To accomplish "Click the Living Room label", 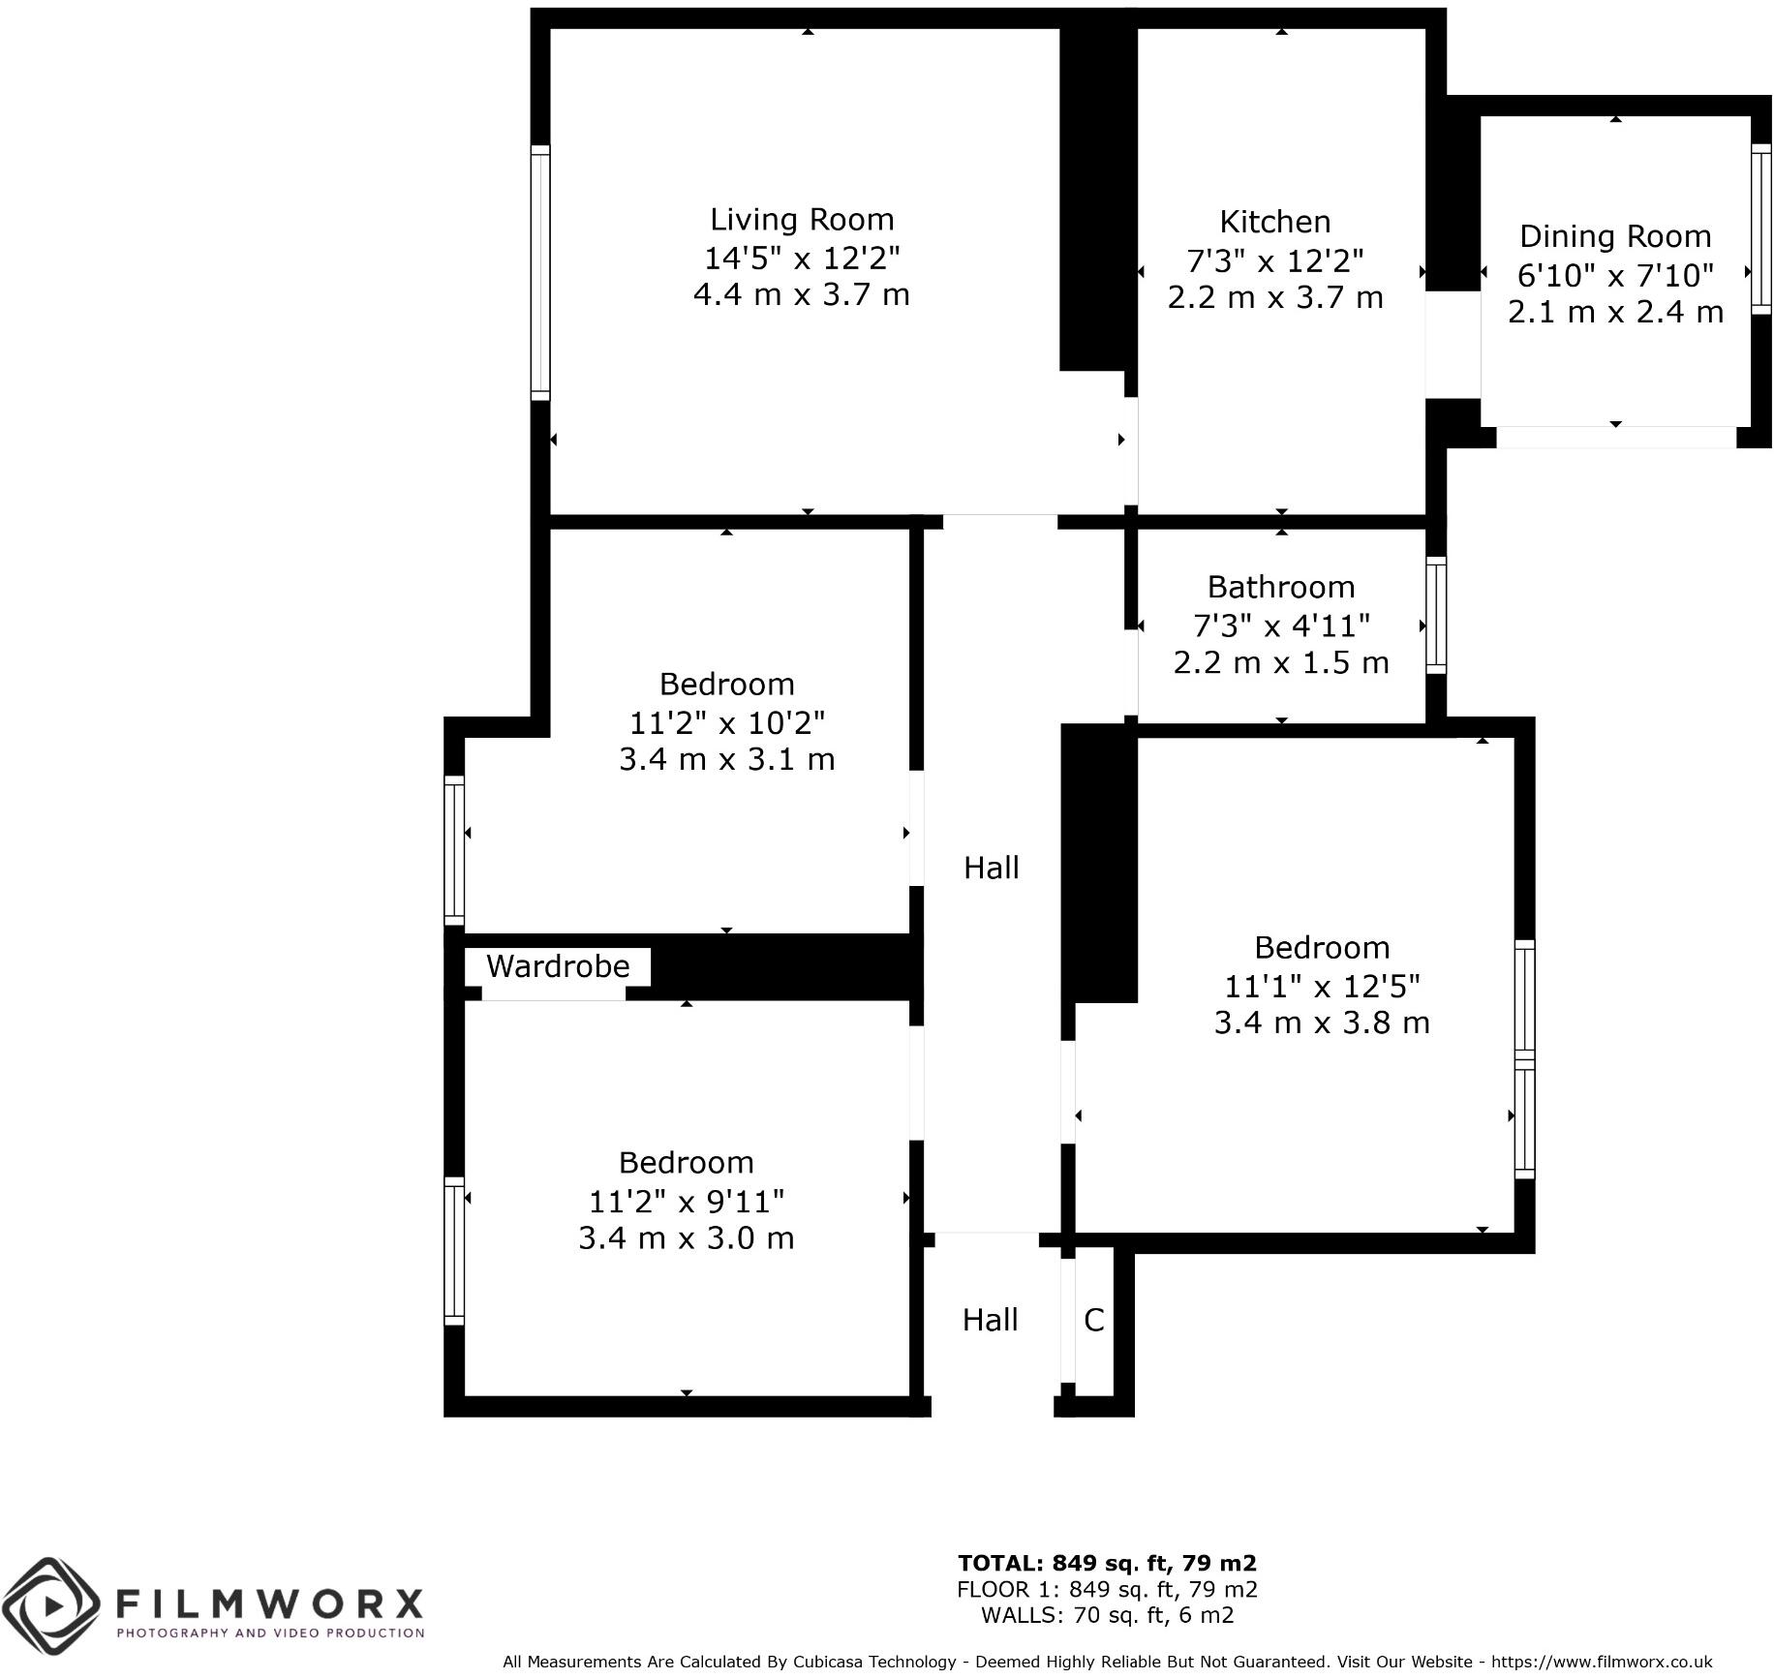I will click(802, 220).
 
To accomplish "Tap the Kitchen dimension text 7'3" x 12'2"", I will click(1274, 260).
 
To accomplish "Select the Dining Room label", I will click(1614, 236).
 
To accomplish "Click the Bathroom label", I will click(1280, 587).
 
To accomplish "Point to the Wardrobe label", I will click(558, 966).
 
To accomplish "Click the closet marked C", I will click(1093, 1320).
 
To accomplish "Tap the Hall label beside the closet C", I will click(990, 1320).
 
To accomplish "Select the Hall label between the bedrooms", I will click(991, 868).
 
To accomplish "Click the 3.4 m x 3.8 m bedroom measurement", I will click(1321, 1023).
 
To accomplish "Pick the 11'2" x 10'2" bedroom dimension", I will click(726, 722).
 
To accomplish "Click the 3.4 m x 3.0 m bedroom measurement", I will click(686, 1238).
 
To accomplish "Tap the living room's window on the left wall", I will click(540, 272).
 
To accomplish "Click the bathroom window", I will click(1436, 615).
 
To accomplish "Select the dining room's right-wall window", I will click(1761, 229).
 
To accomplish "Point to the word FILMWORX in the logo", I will click(269, 1603).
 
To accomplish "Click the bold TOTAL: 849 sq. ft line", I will click(1107, 1563).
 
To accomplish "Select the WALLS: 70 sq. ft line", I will click(1107, 1614).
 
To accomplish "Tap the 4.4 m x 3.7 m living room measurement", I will click(802, 294).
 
